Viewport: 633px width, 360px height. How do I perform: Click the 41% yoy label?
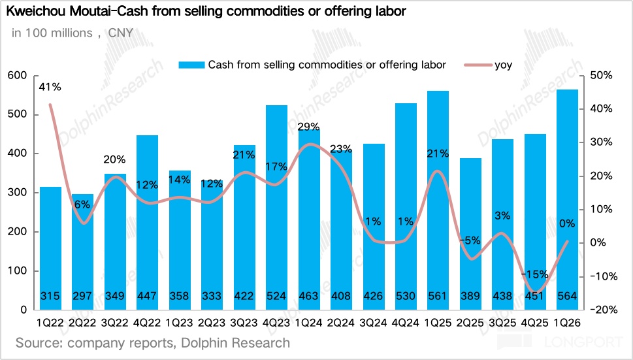(x=50, y=86)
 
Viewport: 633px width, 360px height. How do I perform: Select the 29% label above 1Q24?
(x=308, y=127)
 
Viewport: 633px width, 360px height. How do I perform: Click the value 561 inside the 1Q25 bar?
(x=438, y=297)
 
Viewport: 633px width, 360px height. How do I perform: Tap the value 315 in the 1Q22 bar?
(x=50, y=297)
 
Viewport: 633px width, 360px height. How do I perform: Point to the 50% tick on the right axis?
(x=600, y=76)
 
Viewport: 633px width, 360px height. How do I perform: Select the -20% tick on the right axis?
(x=598, y=310)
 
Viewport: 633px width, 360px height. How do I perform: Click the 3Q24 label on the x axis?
(x=373, y=323)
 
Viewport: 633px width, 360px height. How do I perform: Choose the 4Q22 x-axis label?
(x=147, y=323)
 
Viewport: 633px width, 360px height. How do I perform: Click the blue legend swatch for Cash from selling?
(x=191, y=65)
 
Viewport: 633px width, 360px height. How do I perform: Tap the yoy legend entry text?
(x=504, y=65)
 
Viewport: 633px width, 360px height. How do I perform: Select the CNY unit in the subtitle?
(x=121, y=33)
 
